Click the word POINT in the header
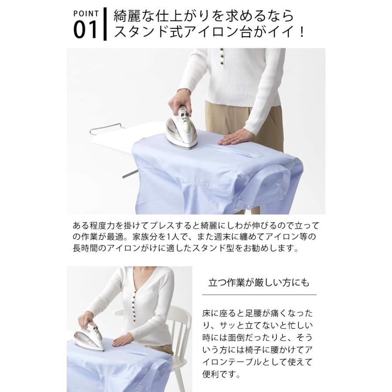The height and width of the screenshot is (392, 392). point(86,14)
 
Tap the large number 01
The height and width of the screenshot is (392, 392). point(85,30)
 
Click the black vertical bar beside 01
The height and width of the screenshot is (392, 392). point(105,24)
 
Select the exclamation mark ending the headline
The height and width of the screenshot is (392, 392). point(302,32)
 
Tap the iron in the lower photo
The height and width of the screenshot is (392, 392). point(90,336)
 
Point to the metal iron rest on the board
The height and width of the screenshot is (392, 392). point(106,128)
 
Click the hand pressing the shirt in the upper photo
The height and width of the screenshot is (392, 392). point(234,138)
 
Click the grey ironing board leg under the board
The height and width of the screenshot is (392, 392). point(130,174)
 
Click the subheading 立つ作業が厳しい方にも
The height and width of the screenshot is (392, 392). point(259,283)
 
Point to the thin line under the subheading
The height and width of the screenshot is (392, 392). point(259,295)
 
